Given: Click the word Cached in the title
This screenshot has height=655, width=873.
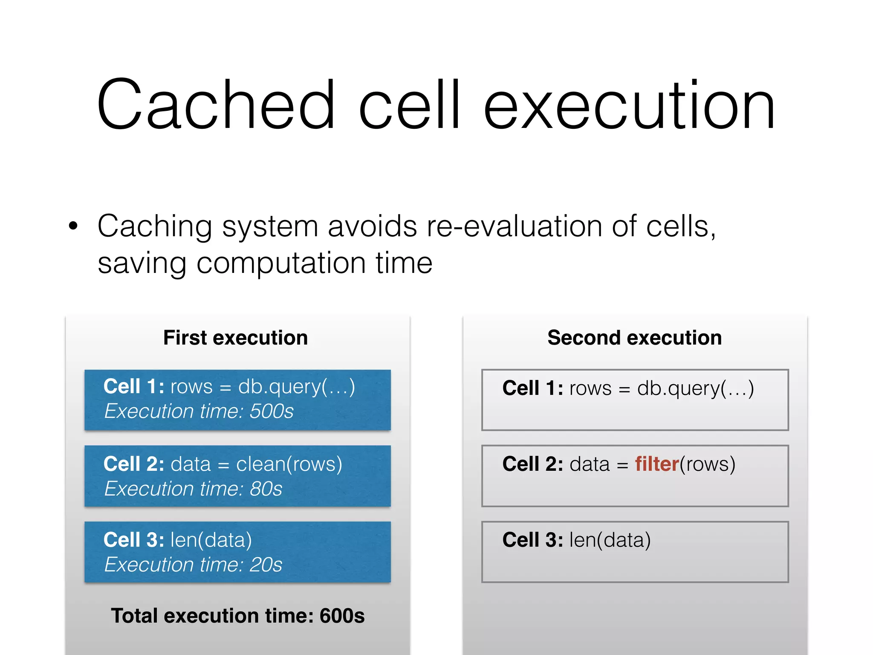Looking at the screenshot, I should pyautogui.click(x=215, y=104).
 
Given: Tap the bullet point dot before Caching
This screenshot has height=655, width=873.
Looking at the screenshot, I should pyautogui.click(x=73, y=226).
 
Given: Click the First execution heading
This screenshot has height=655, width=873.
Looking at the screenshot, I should pyautogui.click(x=235, y=338).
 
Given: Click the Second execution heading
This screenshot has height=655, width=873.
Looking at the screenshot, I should pyautogui.click(x=634, y=338).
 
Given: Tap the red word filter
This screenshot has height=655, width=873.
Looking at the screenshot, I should pyautogui.click(x=656, y=464).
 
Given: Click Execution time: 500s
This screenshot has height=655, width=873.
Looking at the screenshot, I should pyautogui.click(x=199, y=412).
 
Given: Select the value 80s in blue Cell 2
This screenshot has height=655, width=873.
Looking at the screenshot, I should pyautogui.click(x=266, y=489).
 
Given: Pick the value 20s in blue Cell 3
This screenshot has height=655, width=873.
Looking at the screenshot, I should pyautogui.click(x=266, y=565).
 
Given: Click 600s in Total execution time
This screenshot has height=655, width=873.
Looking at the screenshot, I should pyautogui.click(x=342, y=616).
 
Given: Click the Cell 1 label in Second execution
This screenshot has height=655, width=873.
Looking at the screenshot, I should pyautogui.click(x=533, y=388).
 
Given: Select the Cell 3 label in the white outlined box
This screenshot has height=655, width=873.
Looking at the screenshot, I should pyautogui.click(x=533, y=540).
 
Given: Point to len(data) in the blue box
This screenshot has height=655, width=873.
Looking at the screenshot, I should pyautogui.click(x=211, y=540).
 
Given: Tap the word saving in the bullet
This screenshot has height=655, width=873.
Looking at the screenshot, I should pyautogui.click(x=142, y=263).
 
